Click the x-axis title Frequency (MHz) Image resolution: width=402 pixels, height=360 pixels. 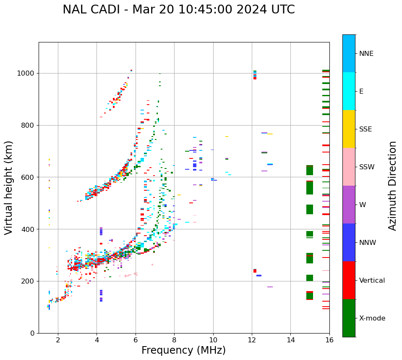coord(183,350)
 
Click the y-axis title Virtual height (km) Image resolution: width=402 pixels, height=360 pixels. coord(9,188)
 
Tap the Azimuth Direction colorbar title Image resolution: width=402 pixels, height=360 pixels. coord(392,186)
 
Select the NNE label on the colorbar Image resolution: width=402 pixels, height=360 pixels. coord(366,54)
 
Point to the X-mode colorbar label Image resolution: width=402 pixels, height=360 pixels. coord(372,318)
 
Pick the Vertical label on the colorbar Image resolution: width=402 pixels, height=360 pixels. coord(372,281)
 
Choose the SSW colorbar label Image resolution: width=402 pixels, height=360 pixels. coord(367,167)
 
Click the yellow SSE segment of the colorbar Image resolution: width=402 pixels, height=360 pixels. coord(349,129)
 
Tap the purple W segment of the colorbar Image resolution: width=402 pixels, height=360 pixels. coord(349,205)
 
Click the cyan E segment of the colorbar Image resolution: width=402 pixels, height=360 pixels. coord(349,91)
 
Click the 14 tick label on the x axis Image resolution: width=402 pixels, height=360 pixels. coord(290,340)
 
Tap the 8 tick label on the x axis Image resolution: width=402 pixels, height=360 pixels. coord(174,340)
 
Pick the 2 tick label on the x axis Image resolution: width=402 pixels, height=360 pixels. coord(58,340)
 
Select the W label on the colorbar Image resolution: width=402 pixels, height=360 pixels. coord(362,205)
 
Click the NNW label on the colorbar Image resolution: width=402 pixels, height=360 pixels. coord(368,243)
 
